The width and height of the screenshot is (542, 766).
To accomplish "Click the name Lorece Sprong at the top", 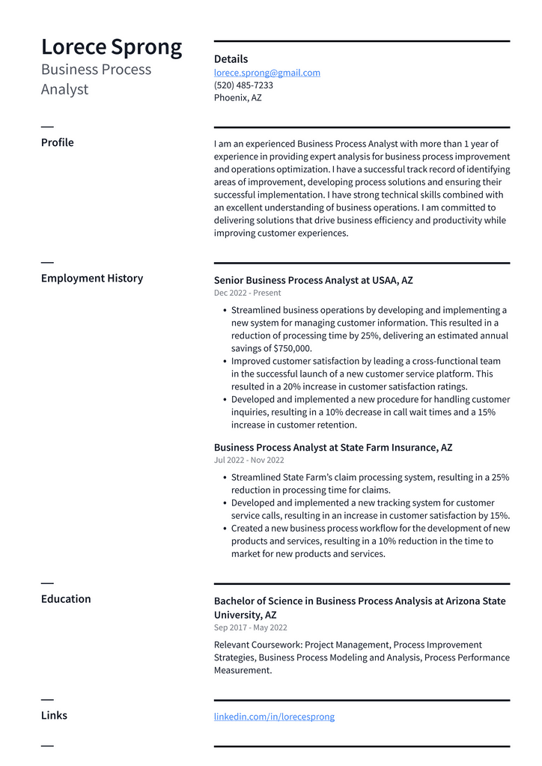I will [112, 47].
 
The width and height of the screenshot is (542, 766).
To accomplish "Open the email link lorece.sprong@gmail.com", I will [267, 73].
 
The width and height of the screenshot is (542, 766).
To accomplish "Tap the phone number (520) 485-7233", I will [243, 85].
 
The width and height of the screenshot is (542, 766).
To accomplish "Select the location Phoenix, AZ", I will [237, 98].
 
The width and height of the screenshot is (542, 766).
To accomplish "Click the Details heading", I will [231, 59].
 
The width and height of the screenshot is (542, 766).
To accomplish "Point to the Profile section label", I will [57, 142].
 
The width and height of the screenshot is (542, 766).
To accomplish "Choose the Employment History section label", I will [91, 278].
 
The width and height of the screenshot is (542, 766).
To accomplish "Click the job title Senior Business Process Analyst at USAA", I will [313, 280].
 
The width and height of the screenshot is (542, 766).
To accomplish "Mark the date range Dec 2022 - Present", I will [247, 293].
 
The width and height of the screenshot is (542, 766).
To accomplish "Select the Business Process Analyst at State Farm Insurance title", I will [333, 448].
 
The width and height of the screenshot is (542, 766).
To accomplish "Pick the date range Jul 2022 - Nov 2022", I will [249, 460].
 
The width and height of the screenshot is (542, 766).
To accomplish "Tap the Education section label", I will [66, 599].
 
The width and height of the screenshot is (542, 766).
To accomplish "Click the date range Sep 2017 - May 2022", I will [250, 627].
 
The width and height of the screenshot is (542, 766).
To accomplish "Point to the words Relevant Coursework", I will [251, 645].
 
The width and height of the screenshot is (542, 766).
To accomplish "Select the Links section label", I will [54, 715].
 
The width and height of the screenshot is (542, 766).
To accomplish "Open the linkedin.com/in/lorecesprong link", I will [274, 717].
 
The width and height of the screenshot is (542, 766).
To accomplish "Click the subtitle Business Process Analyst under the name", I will [96, 79].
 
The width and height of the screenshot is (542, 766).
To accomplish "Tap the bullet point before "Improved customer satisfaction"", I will [225, 361].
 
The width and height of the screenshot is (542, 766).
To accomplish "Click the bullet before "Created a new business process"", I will [225, 529].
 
